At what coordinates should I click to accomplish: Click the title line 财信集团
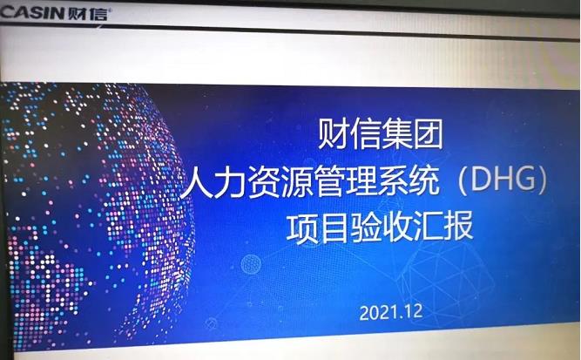point(381,135)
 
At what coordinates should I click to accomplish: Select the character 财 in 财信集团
point(332,135)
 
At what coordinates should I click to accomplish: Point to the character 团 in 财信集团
point(429,135)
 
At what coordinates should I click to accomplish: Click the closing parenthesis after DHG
point(542,181)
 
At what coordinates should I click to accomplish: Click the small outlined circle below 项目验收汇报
point(250,262)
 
